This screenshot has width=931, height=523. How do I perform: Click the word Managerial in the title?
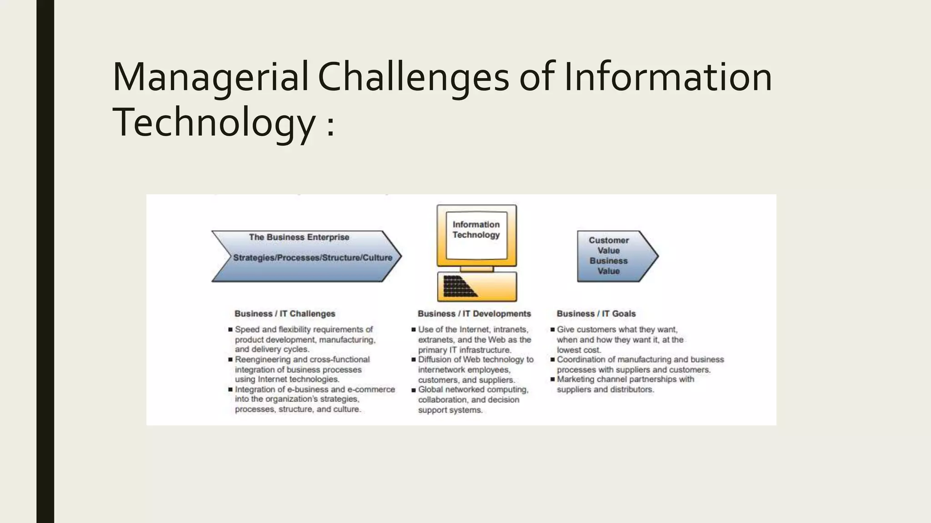(x=210, y=77)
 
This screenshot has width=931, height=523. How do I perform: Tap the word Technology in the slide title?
(x=214, y=123)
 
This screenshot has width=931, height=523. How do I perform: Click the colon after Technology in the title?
(x=330, y=125)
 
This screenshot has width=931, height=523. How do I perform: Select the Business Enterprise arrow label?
(x=299, y=237)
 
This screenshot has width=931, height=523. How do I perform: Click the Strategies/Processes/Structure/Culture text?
(x=313, y=257)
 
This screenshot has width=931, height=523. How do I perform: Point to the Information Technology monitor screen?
(x=476, y=235)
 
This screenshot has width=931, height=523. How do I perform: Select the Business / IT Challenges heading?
(x=285, y=314)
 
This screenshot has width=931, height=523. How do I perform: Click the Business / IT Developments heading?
(x=474, y=314)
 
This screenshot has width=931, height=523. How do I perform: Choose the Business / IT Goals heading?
(x=596, y=314)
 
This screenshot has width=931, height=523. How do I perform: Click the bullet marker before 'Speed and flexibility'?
(x=230, y=330)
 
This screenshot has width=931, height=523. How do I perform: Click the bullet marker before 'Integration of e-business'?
(x=230, y=390)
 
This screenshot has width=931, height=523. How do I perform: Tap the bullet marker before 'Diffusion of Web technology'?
(x=414, y=360)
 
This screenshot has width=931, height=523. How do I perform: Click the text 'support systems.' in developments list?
(x=450, y=410)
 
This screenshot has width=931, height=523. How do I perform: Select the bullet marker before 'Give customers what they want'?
(x=552, y=330)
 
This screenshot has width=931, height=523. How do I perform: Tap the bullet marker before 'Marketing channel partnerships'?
(x=552, y=380)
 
